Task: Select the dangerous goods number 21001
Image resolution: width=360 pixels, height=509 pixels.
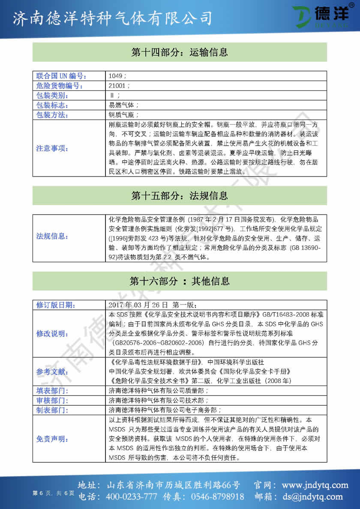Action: click(117, 86)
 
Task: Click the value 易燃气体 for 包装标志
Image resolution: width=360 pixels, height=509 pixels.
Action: click(123, 105)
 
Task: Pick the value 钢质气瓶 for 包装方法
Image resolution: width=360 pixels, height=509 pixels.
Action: click(123, 115)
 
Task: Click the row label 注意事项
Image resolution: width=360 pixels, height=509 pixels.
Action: click(52, 149)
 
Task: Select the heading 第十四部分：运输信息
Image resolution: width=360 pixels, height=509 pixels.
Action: click(180, 53)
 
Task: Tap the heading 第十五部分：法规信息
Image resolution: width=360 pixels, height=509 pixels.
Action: click(180, 196)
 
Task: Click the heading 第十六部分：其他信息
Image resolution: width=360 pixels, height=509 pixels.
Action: click(180, 281)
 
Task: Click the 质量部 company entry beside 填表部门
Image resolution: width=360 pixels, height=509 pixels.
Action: click(159, 391)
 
